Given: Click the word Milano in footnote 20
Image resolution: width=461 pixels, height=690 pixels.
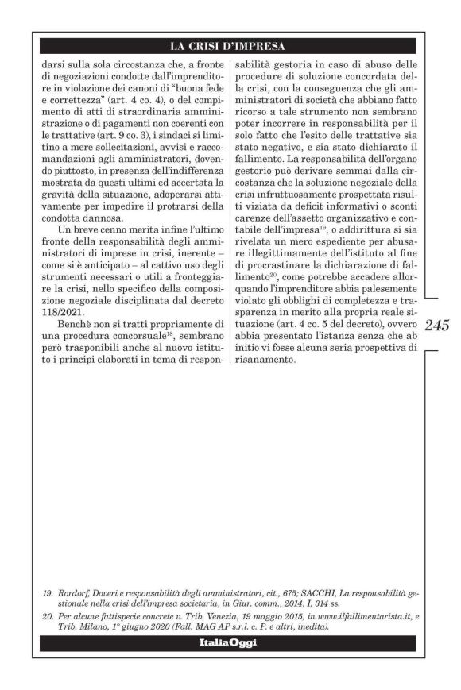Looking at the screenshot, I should coord(87,626).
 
